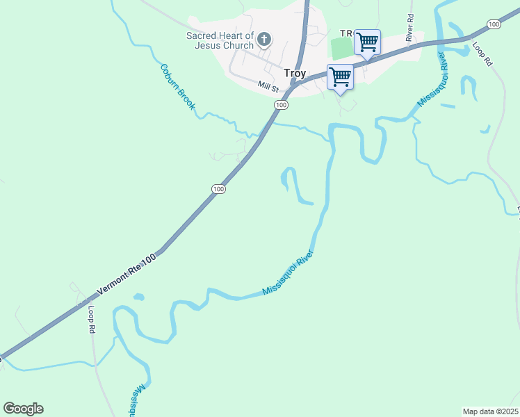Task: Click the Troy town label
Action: pos(295,73)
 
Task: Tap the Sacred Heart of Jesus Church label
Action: pos(219,41)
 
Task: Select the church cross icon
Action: pos(264,39)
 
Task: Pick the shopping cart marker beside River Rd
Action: pos(367,42)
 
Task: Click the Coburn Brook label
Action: pos(178,87)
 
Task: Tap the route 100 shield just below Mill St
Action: pos(280,105)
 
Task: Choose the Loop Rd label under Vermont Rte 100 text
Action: pos(91,319)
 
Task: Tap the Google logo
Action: pos(23,409)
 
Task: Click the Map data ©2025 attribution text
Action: pos(490,411)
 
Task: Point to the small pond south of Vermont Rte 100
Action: pos(138,297)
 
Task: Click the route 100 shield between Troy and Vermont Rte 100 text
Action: pos(218,189)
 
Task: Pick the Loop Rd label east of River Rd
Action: pos(482,54)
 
